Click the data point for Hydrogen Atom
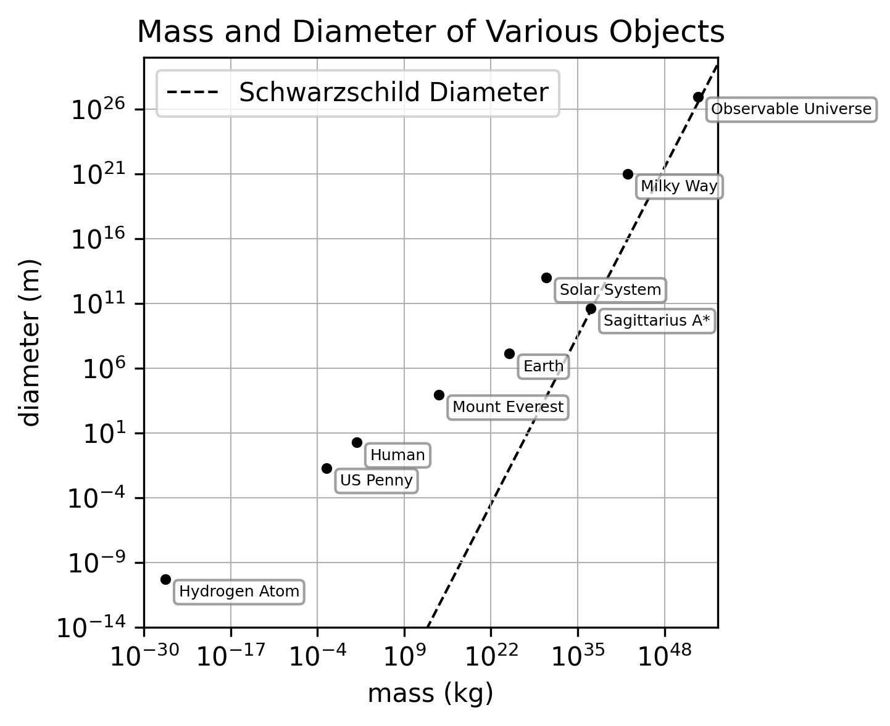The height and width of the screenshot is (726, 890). (165, 579)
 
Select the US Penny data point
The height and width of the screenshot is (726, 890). (326, 468)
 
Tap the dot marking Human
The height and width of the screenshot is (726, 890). (357, 442)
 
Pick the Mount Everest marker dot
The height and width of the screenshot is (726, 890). (439, 395)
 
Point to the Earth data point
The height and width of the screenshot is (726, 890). (509, 353)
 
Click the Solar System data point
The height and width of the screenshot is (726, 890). (546, 278)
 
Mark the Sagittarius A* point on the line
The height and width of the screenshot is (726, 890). (591, 308)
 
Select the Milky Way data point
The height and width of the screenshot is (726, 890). (628, 174)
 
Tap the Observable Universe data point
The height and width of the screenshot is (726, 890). (698, 97)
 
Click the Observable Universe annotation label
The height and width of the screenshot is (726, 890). (791, 110)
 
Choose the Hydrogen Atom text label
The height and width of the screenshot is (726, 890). (239, 592)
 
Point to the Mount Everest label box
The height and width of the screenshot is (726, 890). (508, 407)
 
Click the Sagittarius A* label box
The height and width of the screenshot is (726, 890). (657, 321)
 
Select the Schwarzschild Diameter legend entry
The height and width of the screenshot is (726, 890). (358, 93)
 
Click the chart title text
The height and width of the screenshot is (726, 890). (430, 32)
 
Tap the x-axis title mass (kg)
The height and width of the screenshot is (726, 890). (430, 693)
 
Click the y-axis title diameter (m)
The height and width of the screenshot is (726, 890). (30, 342)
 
